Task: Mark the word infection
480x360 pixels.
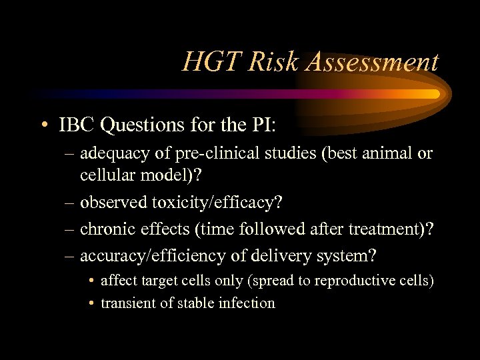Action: click(x=248, y=303)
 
